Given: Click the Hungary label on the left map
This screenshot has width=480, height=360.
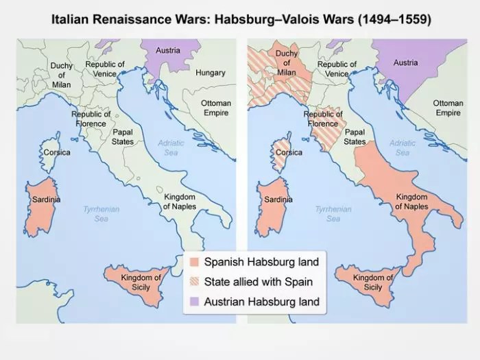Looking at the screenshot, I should point(210,72).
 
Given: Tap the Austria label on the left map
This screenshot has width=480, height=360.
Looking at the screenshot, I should point(168,50).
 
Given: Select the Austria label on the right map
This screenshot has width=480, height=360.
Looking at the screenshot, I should point(405,62).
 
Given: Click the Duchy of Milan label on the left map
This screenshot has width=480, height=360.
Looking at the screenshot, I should point(61,75).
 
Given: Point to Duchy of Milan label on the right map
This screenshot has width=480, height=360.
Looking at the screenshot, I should point(286,63).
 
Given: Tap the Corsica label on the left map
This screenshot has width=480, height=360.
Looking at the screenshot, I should point(56,152).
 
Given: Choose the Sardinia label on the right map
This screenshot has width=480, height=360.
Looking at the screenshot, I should point(279,200).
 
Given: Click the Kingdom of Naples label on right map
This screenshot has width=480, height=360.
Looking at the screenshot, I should point(411,202).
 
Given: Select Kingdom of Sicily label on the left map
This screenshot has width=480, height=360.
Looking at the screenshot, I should point(141,282).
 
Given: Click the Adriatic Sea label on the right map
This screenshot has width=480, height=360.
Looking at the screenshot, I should point(403,147).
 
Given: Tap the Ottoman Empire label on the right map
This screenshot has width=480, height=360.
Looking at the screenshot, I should point(448,108).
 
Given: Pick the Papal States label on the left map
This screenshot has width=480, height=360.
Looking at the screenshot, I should point(123,136).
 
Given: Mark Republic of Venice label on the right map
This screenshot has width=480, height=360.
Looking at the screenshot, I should point(337,69).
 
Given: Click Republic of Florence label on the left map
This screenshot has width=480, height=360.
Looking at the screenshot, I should point(91,119).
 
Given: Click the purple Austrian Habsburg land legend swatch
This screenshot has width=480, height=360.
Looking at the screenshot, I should point(195,302).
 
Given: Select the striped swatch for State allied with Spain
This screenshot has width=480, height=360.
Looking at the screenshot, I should point(195,282).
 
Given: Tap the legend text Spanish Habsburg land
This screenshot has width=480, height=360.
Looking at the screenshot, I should point(261,262).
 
